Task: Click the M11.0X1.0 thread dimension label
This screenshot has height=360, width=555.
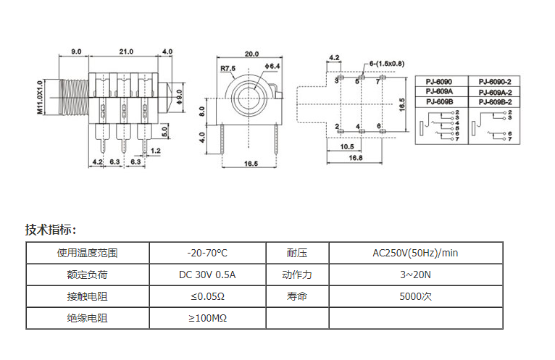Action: click(x=41, y=96)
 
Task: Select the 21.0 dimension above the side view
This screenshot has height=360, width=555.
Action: click(x=126, y=51)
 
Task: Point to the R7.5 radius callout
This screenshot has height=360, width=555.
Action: click(x=228, y=69)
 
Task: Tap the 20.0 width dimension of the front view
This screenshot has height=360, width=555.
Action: click(x=251, y=54)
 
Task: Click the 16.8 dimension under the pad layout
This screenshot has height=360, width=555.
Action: click(x=356, y=158)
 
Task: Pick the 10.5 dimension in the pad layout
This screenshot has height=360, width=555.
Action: click(x=347, y=146)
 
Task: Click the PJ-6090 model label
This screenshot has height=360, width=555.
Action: click(x=440, y=82)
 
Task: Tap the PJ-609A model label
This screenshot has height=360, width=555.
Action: click(x=440, y=92)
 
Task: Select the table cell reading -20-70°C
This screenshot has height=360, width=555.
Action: click(x=207, y=254)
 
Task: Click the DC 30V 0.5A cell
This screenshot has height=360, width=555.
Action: click(x=207, y=275)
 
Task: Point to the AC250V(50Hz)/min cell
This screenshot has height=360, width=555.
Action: click(x=415, y=254)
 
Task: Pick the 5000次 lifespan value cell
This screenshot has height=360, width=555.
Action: click(x=415, y=296)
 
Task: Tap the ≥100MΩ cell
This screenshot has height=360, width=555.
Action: click(x=207, y=318)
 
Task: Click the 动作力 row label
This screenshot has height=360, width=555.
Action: click(x=297, y=275)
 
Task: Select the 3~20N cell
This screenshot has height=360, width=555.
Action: click(x=415, y=275)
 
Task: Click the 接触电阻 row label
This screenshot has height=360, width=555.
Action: click(x=87, y=296)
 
